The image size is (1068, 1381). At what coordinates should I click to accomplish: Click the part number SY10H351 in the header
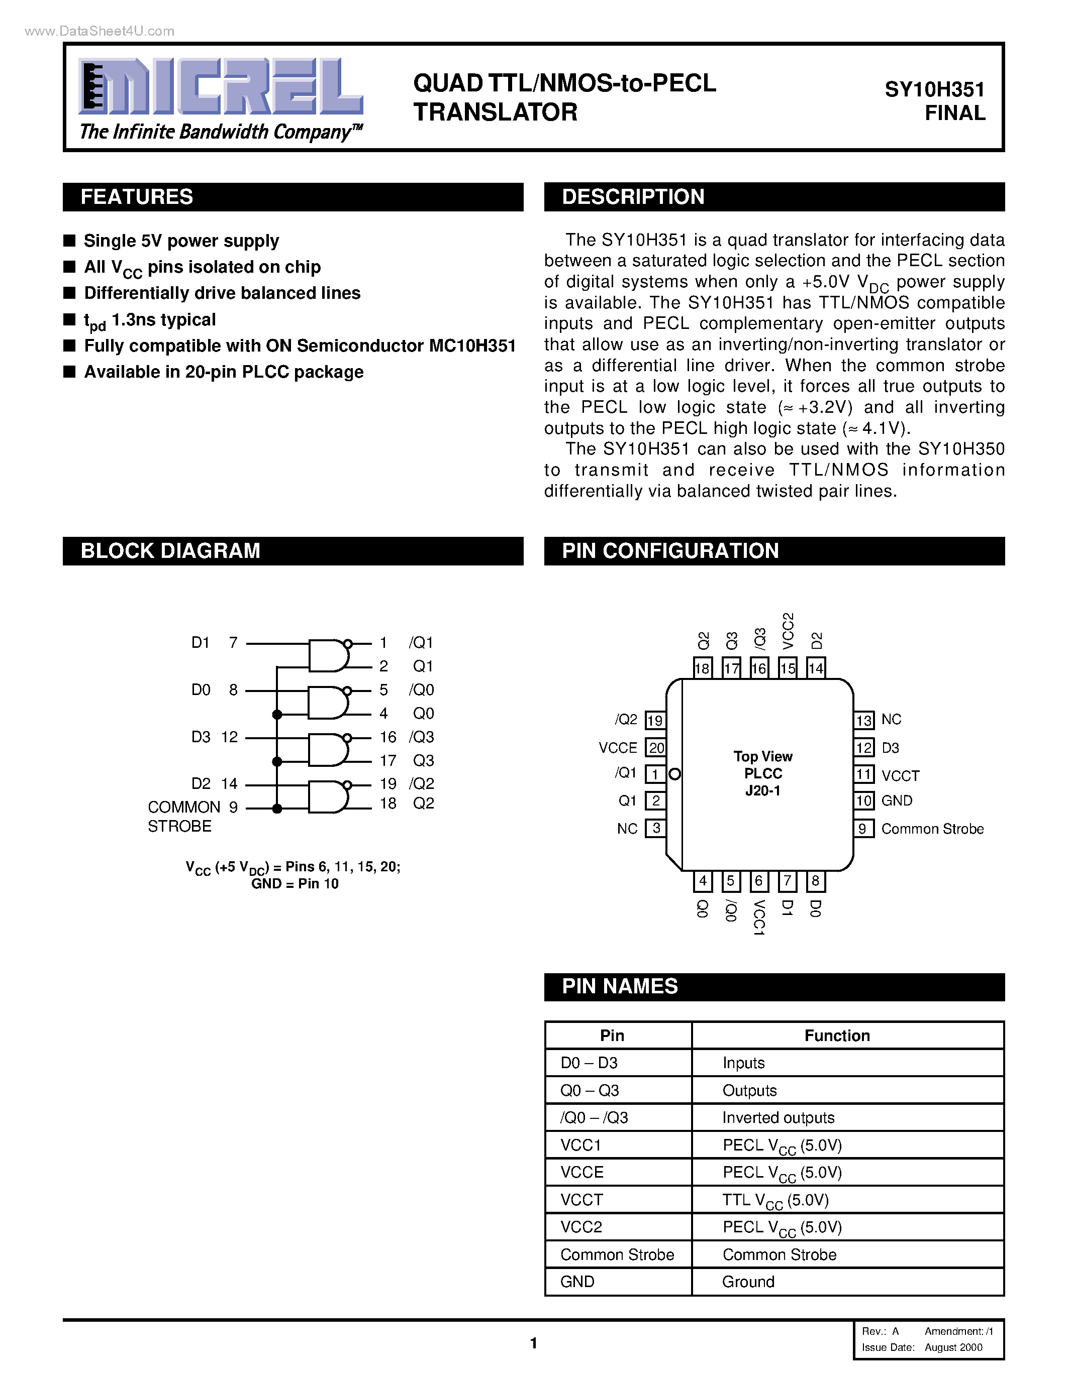coord(934,90)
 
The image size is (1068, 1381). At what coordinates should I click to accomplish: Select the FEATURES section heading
coord(137,197)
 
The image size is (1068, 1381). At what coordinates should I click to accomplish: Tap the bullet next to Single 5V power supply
coord(69,240)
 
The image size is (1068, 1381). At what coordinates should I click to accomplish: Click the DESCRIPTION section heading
coord(633,197)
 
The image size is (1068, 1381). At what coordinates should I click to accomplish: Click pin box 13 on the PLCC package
coord(863,720)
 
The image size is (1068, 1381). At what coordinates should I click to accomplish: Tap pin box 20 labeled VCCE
coord(655,747)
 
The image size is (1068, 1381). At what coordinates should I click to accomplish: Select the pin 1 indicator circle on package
coord(674,774)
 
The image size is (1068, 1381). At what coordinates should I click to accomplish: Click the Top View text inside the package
coord(762,756)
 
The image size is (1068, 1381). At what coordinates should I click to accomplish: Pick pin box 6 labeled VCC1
coord(758,881)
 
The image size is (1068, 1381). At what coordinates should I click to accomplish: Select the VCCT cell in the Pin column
coord(581,1200)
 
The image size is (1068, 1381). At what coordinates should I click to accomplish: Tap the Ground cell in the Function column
coord(748,1282)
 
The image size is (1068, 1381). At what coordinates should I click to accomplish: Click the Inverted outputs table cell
coord(778,1118)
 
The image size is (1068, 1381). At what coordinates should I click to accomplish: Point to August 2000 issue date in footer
coord(953,1347)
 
